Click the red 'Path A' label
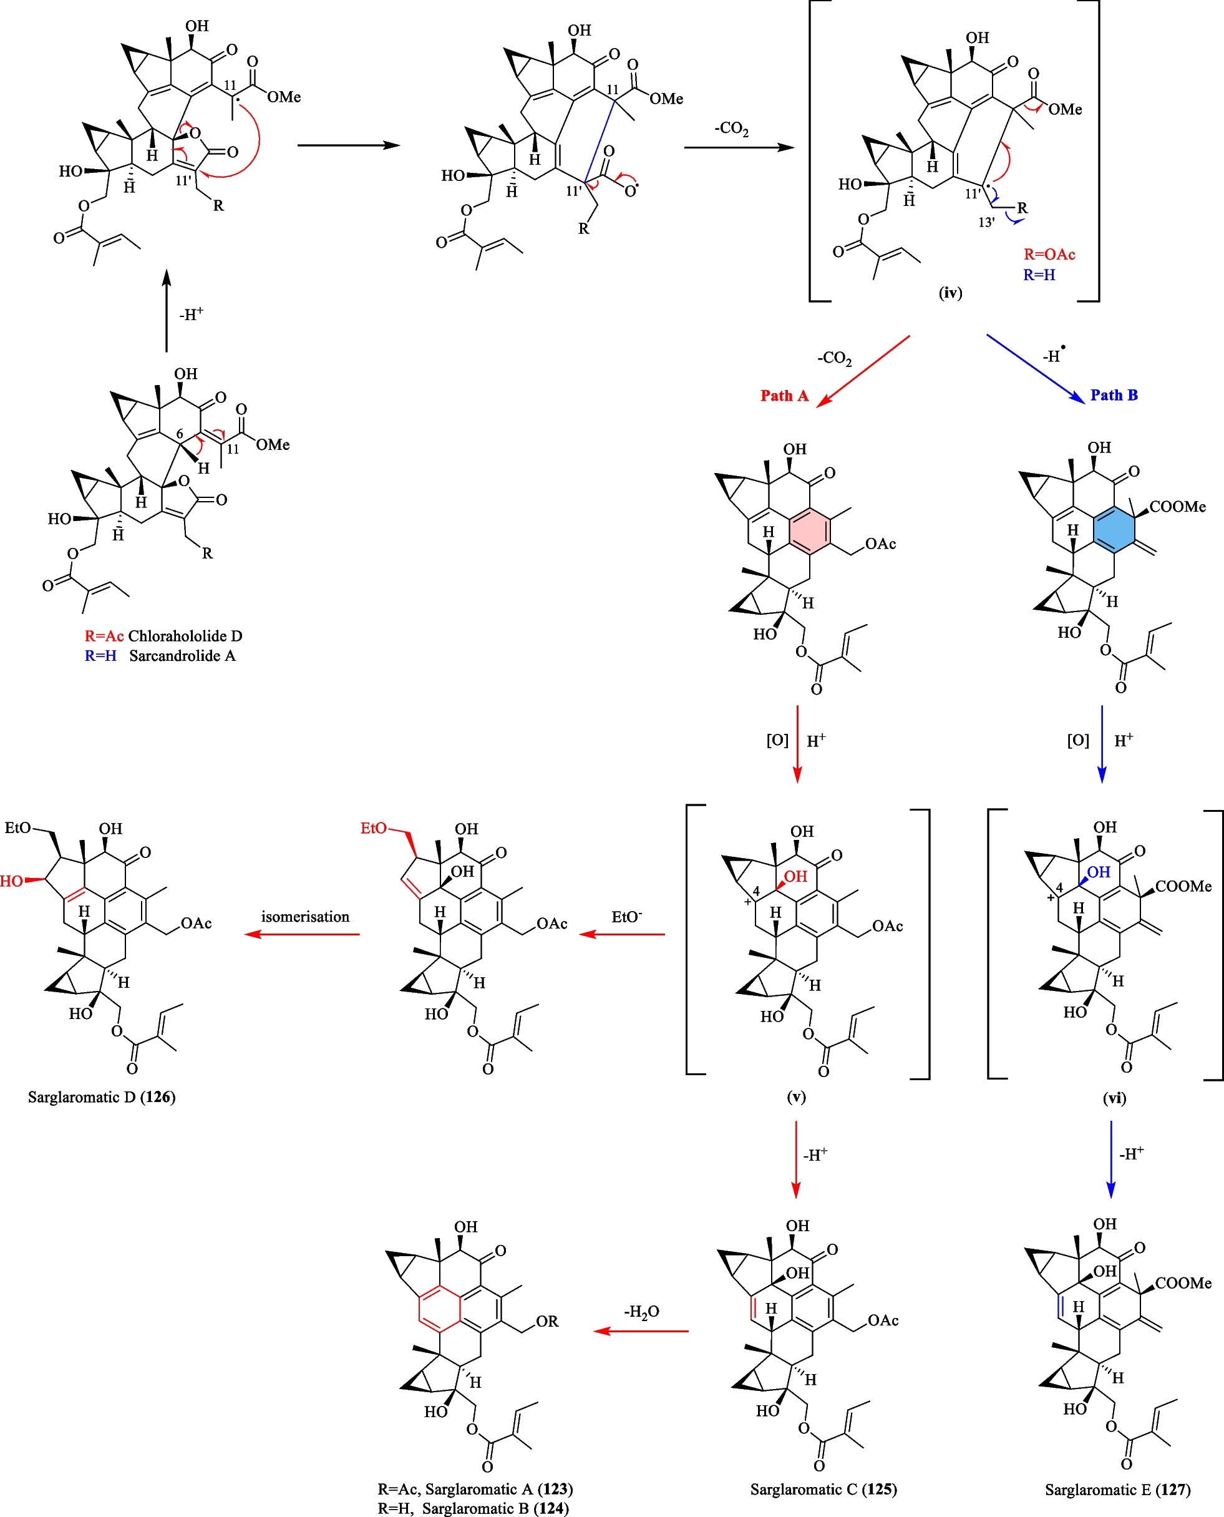point(784,396)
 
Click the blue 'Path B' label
point(1114,395)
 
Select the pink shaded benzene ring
point(809,532)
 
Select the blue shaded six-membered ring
point(1114,530)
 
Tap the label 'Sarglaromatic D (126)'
point(102,1096)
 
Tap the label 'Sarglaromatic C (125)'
point(823,1490)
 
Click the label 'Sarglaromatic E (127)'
point(1117,1490)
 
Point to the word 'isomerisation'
point(305,917)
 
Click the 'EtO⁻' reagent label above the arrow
point(626,917)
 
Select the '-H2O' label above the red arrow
point(641,1312)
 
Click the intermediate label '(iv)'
point(950,292)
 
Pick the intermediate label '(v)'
point(796,1096)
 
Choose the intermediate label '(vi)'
point(1114,1098)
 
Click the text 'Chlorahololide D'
point(185,636)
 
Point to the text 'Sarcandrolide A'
point(182,656)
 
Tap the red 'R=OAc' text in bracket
point(1049,255)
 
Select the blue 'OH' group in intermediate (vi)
point(1099,872)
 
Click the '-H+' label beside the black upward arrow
point(191,314)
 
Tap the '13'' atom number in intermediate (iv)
point(986,223)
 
